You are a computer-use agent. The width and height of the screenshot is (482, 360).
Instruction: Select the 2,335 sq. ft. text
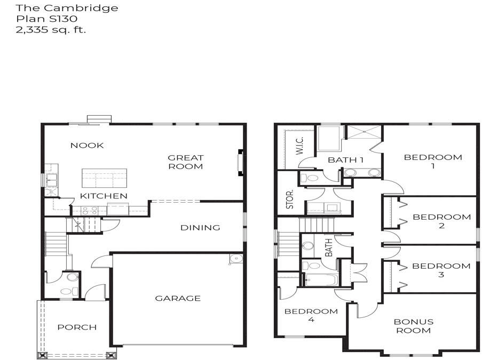(x=51, y=29)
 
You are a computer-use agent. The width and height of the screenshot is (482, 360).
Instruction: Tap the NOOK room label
(x=87, y=145)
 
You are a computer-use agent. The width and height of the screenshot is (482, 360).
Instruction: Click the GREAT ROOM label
(x=186, y=162)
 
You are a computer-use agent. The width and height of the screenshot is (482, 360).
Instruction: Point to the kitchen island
(x=104, y=178)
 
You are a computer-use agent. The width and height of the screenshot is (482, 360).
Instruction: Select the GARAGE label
(x=178, y=298)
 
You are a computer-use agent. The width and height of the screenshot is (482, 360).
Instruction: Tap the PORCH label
(x=77, y=327)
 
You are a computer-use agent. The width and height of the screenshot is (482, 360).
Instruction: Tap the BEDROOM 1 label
(x=432, y=161)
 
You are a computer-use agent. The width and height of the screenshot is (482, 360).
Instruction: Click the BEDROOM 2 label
(x=441, y=221)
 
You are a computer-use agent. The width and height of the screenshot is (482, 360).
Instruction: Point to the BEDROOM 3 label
(x=441, y=270)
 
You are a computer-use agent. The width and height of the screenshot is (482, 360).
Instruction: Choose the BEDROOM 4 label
(x=311, y=315)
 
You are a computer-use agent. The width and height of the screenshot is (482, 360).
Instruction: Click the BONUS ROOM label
(x=413, y=326)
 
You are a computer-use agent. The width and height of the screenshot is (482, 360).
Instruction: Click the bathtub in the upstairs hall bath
(x=320, y=279)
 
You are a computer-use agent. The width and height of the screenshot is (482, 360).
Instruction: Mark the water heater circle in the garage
(x=235, y=259)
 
